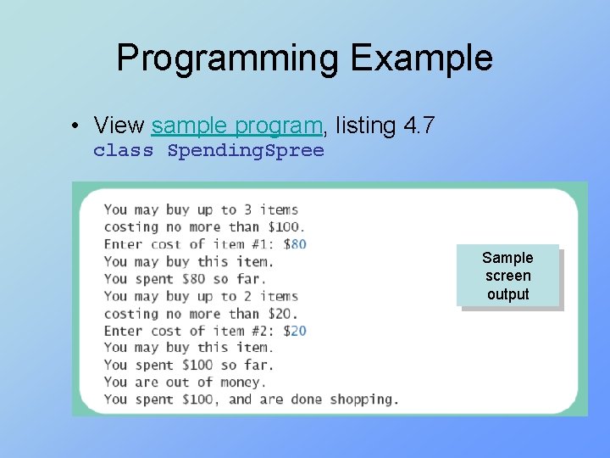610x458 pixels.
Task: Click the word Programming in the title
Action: click(227, 59)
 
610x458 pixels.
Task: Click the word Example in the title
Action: click(421, 59)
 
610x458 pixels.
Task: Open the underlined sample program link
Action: click(237, 126)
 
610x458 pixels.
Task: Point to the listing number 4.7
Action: click(419, 126)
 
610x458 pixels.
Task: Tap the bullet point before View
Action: click(76, 126)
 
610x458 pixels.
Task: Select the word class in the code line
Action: click(124, 151)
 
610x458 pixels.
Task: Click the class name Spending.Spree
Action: click(246, 151)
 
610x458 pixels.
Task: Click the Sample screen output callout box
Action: click(507, 276)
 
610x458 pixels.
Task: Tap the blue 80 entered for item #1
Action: click(298, 244)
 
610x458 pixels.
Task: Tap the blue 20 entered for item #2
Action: click(298, 331)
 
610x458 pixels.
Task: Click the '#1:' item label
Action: click(266, 244)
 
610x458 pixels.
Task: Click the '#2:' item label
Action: click(266, 331)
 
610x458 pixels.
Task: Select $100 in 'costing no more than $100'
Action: click(286, 227)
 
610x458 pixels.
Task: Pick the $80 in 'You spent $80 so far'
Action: click(195, 279)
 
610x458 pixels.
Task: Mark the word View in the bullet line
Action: click(119, 126)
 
